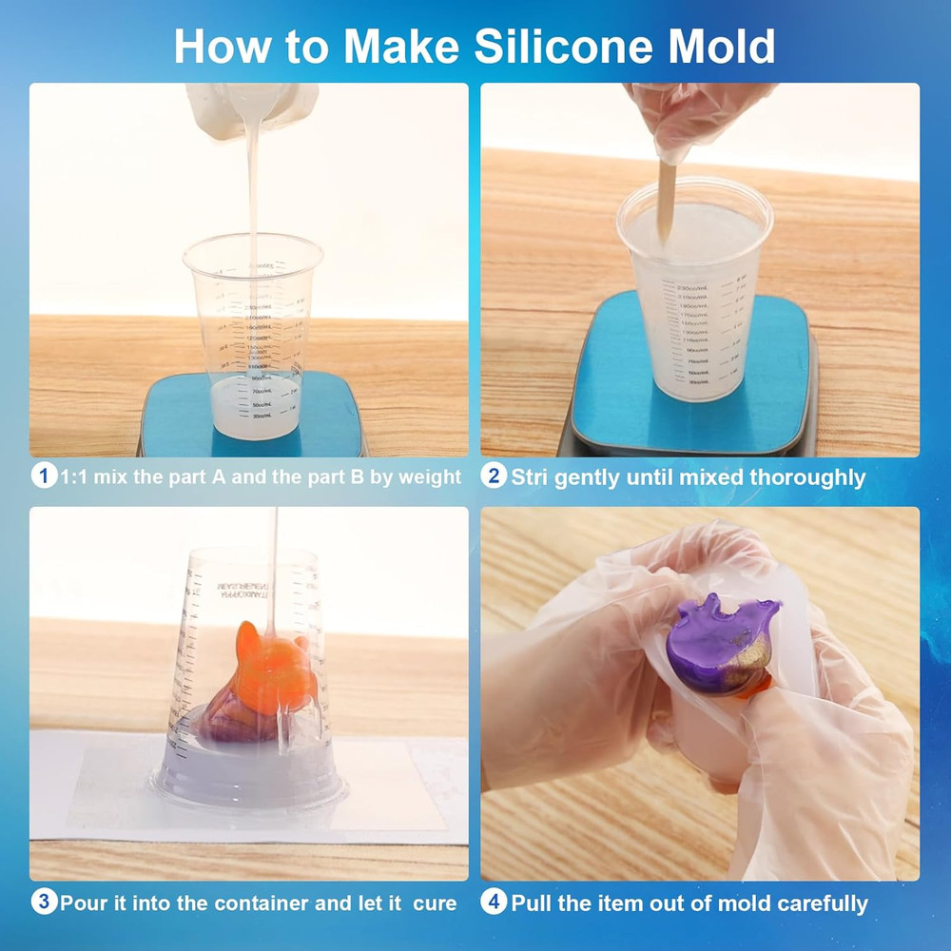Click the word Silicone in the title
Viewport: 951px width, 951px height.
click(549, 46)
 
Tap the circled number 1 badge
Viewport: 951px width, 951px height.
click(43, 476)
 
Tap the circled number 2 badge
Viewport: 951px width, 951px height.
click(493, 476)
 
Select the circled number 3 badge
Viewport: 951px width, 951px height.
click(43, 902)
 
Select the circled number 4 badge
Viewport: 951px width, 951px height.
click(493, 902)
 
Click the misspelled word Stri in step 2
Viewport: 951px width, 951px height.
click(529, 477)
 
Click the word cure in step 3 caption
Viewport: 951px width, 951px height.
click(434, 902)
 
